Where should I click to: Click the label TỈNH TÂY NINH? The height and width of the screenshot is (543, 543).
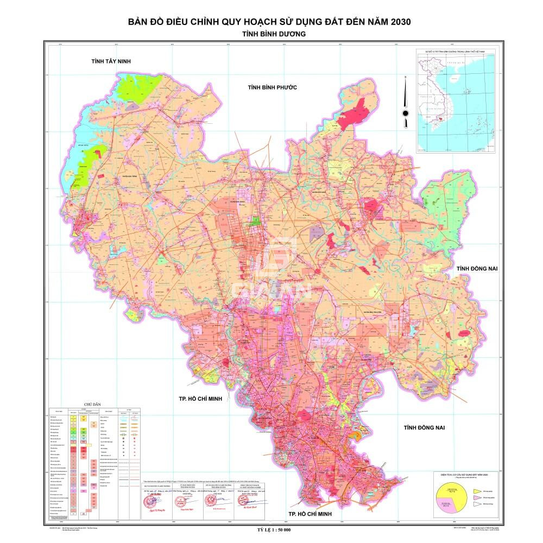(112, 62)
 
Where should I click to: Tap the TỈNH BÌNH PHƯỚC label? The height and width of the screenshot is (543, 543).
(273, 87)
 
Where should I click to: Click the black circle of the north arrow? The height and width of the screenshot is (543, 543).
(405, 113)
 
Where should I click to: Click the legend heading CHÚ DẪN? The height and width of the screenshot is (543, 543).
(86, 405)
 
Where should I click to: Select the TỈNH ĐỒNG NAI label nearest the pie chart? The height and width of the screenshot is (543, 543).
(424, 428)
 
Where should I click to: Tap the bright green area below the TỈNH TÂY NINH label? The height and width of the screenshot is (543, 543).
(138, 87)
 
